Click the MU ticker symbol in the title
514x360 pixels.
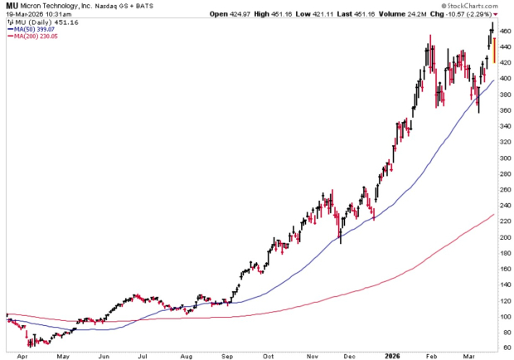pos(11,6)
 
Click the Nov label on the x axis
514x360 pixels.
pos(312,354)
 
